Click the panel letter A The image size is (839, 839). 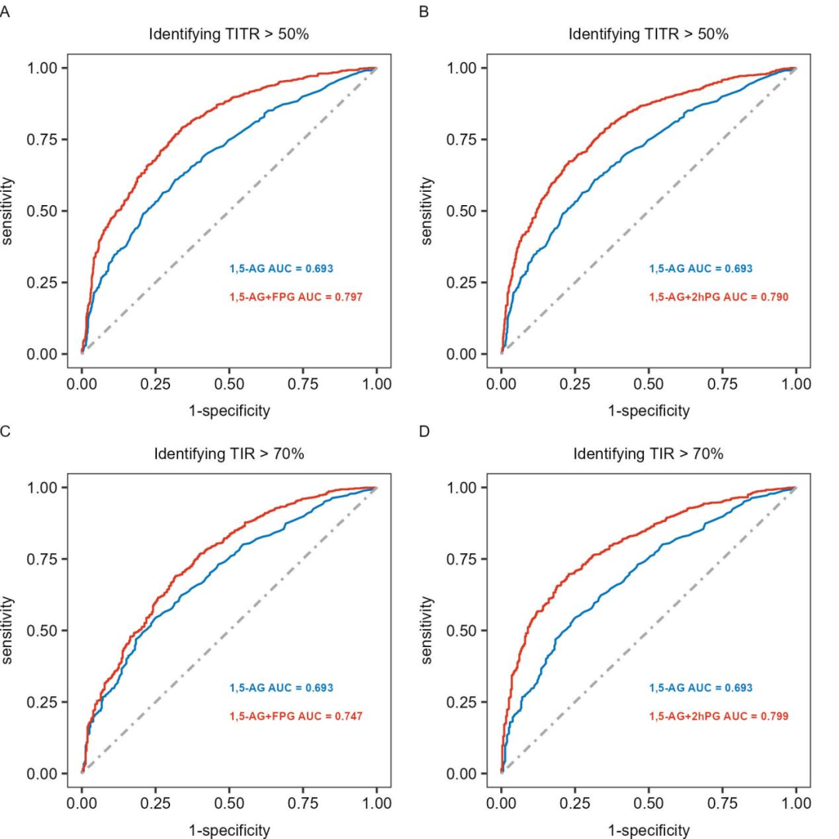tap(5, 12)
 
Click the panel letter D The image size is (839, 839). tap(424, 431)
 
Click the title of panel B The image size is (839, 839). tap(648, 34)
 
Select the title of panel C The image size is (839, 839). tap(228, 454)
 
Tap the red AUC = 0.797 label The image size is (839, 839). tap(296, 297)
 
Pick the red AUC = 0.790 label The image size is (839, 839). tap(719, 297)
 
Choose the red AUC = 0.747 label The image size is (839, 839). tap(296, 716)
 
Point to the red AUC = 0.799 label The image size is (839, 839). tap(719, 716)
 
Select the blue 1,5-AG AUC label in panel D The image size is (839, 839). tap(701, 688)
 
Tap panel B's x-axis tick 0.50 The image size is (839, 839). tap(649, 384)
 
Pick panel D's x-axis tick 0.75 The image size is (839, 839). tap(722, 803)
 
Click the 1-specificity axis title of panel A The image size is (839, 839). tap(229, 411)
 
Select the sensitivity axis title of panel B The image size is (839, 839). tap(427, 211)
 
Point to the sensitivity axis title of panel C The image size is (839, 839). tap(8, 630)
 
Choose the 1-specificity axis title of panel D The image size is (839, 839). tap(649, 830)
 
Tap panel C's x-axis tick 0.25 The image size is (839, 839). tap(155, 803)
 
